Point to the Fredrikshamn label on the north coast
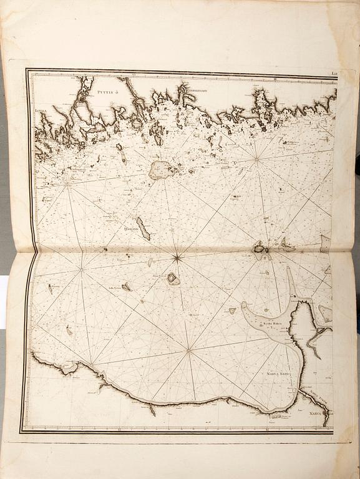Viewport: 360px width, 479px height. click(x=199, y=92)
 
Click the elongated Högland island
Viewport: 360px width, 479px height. click(x=144, y=229)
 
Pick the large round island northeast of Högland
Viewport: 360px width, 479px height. click(x=161, y=170)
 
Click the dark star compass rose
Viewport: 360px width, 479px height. click(x=177, y=257)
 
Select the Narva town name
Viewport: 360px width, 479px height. click(x=318, y=422)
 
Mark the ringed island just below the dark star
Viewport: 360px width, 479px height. click(x=173, y=279)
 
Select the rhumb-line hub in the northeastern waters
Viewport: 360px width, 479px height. click(x=256, y=160)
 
